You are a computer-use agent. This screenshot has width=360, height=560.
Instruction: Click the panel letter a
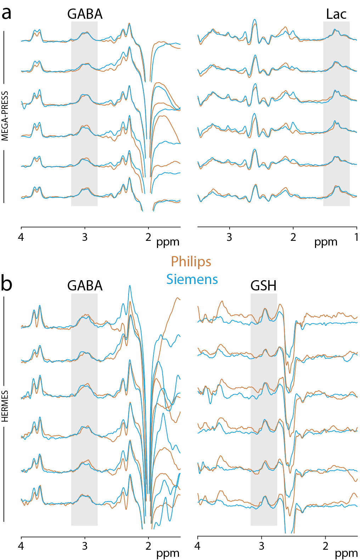tap(6, 13)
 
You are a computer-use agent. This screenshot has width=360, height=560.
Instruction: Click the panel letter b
tap(6, 283)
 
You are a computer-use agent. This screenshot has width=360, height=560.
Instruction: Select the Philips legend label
tap(191, 262)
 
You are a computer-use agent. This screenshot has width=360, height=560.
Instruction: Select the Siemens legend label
tap(192, 279)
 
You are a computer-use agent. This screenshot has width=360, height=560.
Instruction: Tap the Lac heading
tap(336, 15)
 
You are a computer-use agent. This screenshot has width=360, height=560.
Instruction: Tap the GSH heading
tap(263, 286)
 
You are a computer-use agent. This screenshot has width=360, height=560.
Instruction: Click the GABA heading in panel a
tap(85, 15)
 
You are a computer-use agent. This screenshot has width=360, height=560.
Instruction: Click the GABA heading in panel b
tap(85, 286)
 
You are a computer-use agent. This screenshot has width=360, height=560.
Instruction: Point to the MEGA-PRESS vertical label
tap(5, 116)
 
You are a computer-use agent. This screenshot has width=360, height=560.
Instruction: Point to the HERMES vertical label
tap(5, 406)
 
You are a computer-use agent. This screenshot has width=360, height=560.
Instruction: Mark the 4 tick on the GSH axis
tap(197, 546)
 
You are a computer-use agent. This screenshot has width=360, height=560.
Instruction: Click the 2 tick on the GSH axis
tap(325, 546)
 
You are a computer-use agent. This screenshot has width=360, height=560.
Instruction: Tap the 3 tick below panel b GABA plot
tap(85, 546)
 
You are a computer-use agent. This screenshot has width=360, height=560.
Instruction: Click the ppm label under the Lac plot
tap(326, 242)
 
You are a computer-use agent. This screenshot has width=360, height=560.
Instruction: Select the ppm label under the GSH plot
tap(346, 553)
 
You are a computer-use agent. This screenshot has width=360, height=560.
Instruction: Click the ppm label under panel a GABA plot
tap(168, 242)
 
